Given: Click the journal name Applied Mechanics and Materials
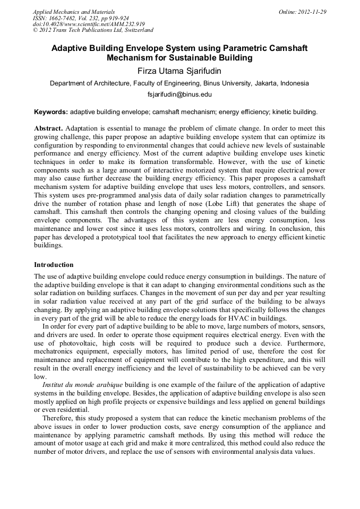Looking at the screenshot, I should point(73,12).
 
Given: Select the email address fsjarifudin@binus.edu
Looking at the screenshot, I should point(179,94).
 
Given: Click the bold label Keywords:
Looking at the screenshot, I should point(51,112).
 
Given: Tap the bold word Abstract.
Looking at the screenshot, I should point(48,128).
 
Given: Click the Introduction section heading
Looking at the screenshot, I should point(54,264).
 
